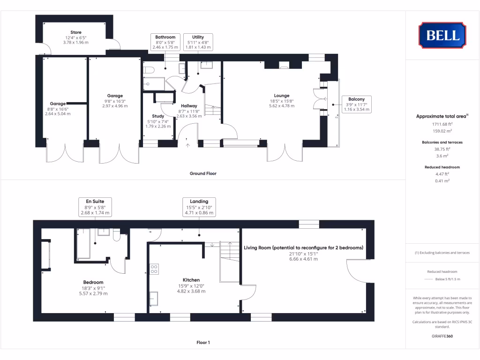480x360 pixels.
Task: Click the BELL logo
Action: coord(442,35)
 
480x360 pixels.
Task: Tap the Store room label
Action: coord(75,33)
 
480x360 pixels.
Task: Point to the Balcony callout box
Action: coord(357,104)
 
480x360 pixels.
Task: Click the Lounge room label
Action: coord(282,96)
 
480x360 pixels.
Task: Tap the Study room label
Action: coord(158,116)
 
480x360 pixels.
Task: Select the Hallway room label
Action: coord(189,106)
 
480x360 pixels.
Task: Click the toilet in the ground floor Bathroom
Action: coord(150,70)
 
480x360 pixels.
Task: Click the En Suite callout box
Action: coord(95,207)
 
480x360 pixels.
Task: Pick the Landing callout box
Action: coord(199,207)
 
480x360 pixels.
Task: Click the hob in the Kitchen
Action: coord(154,269)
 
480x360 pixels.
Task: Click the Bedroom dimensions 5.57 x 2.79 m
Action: coord(93,293)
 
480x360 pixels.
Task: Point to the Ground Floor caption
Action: coord(203,173)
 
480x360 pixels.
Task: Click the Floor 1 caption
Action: coord(203,343)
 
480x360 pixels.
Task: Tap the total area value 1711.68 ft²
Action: coord(442,124)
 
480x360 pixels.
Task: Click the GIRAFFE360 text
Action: coord(442,336)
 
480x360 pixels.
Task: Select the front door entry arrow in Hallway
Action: coord(188,145)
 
